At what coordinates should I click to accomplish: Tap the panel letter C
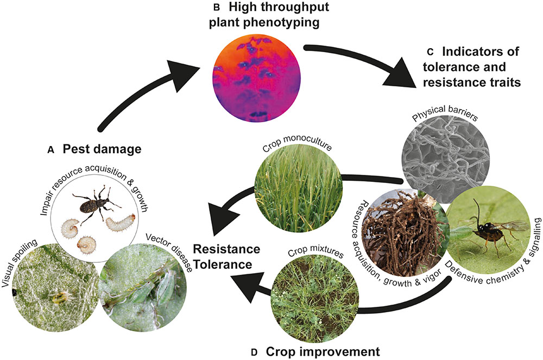(x=430, y=53)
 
